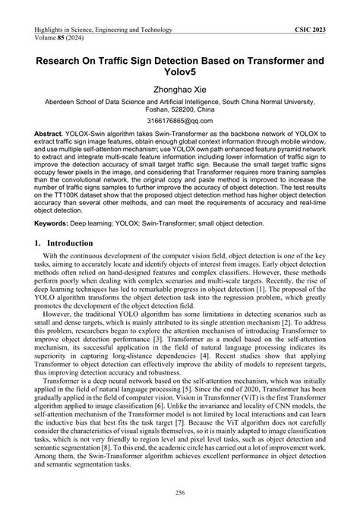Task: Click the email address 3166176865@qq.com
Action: pos(180,120)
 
